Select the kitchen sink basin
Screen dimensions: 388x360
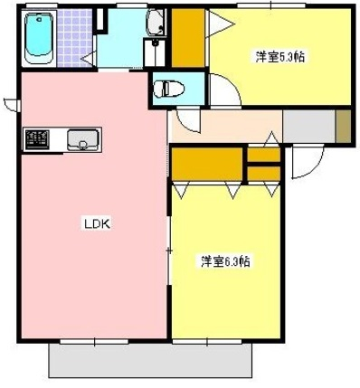click(83, 139)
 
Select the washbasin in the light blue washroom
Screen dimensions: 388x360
click(154, 24)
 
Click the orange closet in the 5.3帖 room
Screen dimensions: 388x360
click(188, 38)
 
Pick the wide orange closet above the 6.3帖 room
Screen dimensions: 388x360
click(207, 165)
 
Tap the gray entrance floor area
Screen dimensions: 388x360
click(308, 126)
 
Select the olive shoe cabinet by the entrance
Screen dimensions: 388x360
click(343, 125)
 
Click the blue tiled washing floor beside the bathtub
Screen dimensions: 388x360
click(76, 38)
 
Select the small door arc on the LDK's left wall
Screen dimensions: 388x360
click(11, 102)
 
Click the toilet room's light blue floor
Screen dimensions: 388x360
click(185, 88)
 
